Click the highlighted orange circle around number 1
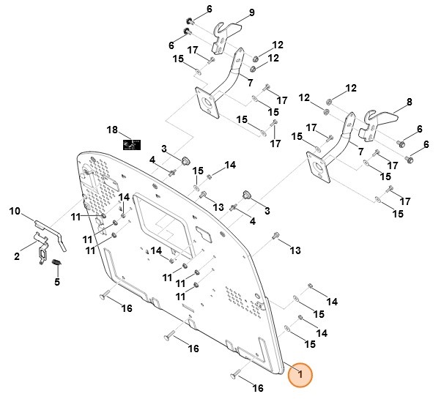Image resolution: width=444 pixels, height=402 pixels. click(x=298, y=375)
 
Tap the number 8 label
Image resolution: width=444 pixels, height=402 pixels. click(x=409, y=101)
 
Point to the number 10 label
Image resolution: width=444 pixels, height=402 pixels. click(x=15, y=212)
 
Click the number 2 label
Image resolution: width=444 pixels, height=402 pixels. click(x=16, y=256)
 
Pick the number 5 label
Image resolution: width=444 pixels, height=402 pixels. click(x=57, y=281)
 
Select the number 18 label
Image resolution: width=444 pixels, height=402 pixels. click(x=111, y=130)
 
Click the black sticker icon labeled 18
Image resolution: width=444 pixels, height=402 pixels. click(x=132, y=144)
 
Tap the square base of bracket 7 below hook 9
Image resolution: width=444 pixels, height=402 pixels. click(x=208, y=103)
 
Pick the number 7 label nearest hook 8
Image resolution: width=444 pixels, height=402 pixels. click(x=360, y=151)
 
